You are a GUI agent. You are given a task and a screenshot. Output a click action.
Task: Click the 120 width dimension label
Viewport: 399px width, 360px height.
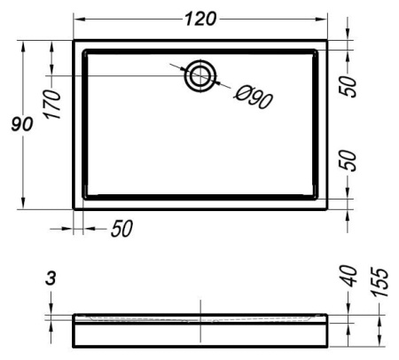200,17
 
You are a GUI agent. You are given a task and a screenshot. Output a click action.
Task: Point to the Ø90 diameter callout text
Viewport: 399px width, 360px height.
251,94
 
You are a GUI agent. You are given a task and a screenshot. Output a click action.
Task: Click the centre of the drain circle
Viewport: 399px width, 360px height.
199,76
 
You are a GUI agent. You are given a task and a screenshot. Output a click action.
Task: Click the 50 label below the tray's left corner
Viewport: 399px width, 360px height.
120,229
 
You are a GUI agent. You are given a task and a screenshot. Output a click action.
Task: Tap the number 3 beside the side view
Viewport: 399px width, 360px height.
51,279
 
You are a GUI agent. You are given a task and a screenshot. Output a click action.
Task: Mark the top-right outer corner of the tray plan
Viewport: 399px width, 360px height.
327,38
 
